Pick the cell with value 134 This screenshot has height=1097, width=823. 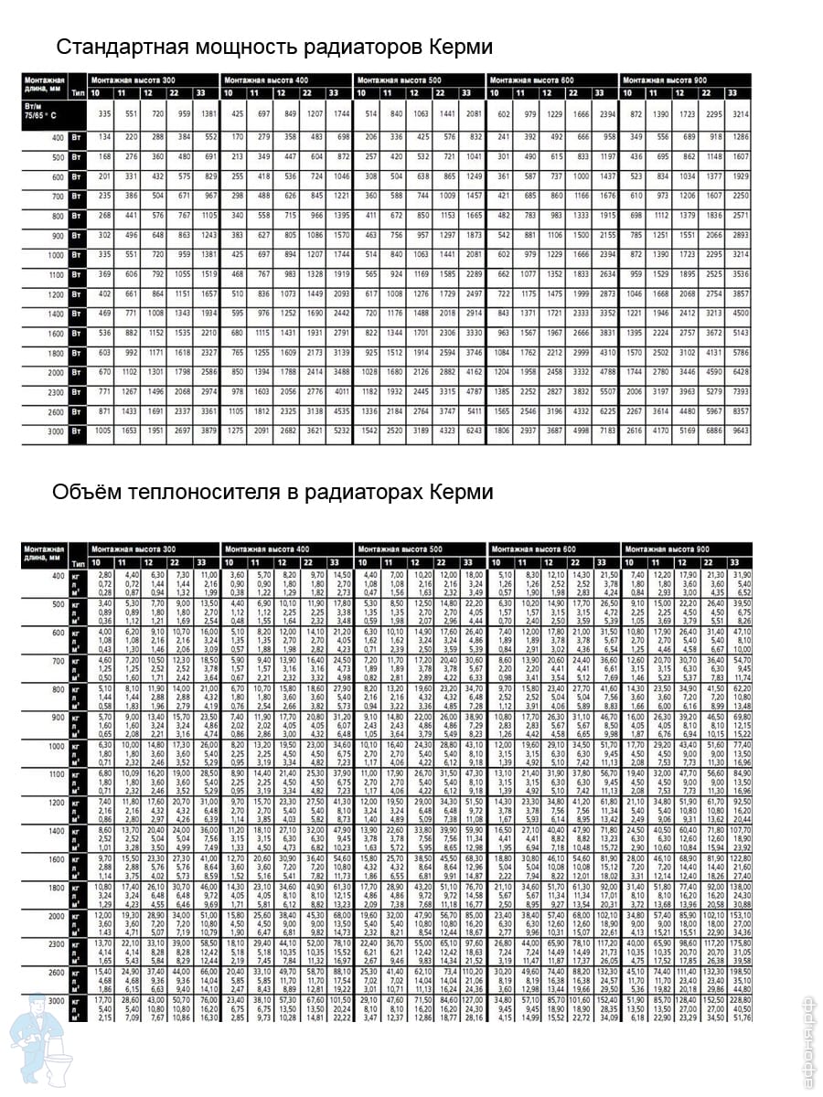click(x=104, y=136)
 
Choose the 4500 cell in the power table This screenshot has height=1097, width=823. click(x=738, y=313)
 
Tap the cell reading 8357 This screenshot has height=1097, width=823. click(x=738, y=411)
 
